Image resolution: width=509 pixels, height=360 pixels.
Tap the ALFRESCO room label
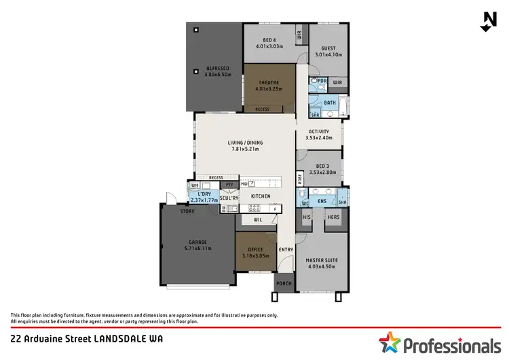click(x=218, y=69)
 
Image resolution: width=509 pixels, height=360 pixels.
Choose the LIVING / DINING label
click(x=245, y=143)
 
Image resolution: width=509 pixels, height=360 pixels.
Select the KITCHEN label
click(x=261, y=196)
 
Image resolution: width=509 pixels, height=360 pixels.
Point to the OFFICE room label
click(x=256, y=250)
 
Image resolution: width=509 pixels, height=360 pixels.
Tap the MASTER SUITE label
click(x=321, y=260)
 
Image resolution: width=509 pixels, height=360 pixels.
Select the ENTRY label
click(x=286, y=249)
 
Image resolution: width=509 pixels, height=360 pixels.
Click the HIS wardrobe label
click(x=307, y=217)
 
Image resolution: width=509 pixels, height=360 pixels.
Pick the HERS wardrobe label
click(x=333, y=217)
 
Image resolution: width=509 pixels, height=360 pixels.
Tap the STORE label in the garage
click(x=187, y=211)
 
